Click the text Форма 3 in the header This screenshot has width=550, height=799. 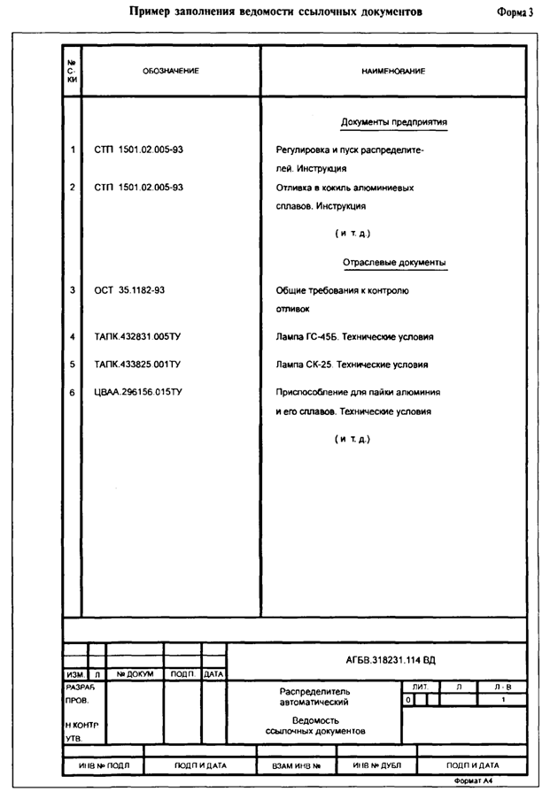pyautogui.click(x=517, y=12)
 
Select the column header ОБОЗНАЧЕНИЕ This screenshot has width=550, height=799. pyautogui.click(x=171, y=71)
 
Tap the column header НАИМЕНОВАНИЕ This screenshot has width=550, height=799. pyautogui.click(x=394, y=71)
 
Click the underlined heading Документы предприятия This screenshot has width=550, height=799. pyautogui.click(x=394, y=122)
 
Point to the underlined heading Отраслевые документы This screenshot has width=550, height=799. pyautogui.click(x=394, y=263)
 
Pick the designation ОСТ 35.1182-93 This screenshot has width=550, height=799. pyautogui.click(x=129, y=290)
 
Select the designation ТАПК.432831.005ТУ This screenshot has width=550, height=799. pyautogui.click(x=137, y=337)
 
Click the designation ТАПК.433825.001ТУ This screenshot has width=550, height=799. pyautogui.click(x=137, y=364)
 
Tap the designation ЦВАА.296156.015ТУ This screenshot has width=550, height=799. pyautogui.click(x=139, y=391)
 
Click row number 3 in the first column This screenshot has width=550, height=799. pyautogui.click(x=72, y=290)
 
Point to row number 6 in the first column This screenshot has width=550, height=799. pyautogui.click(x=72, y=391)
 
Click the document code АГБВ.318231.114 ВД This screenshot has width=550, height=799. pyautogui.click(x=391, y=660)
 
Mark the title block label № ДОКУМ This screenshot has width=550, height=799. pyautogui.click(x=135, y=674)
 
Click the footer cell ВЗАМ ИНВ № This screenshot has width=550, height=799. pyautogui.click(x=296, y=765)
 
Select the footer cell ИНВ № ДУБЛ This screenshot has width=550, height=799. pyautogui.click(x=377, y=765)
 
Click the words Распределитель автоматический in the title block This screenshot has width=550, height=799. pyautogui.click(x=315, y=696)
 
